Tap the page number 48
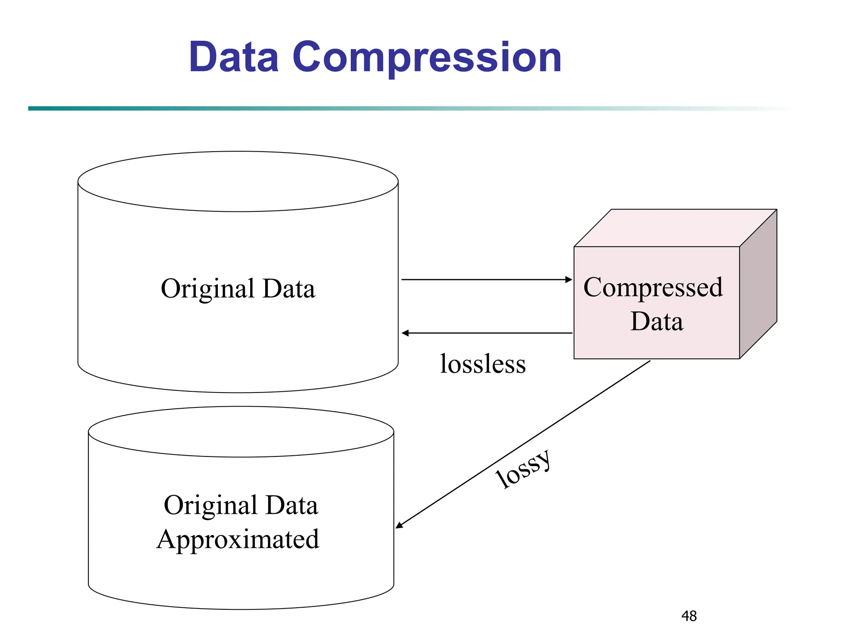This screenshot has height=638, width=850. pyautogui.click(x=689, y=616)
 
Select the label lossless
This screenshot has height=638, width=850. pyautogui.click(x=483, y=364)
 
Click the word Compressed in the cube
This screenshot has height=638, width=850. pyautogui.click(x=653, y=287)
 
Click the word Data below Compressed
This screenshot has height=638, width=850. pyautogui.click(x=657, y=321)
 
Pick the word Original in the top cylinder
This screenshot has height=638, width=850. pyautogui.click(x=208, y=289)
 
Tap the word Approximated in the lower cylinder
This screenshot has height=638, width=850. pyautogui.click(x=238, y=540)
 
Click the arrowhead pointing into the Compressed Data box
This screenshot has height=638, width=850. pyautogui.click(x=569, y=280)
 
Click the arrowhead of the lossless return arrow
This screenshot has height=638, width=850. pyautogui.click(x=405, y=333)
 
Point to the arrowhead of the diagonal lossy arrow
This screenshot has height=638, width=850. pyautogui.click(x=399, y=525)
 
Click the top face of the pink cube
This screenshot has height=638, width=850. pyautogui.click(x=675, y=228)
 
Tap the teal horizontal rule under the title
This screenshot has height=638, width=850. pyautogui.click(x=291, y=108)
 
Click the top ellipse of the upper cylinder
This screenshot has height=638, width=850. pyautogui.click(x=238, y=182)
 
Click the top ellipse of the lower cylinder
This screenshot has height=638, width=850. pyautogui.click(x=241, y=432)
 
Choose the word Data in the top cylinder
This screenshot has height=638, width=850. pyautogui.click(x=289, y=288)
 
